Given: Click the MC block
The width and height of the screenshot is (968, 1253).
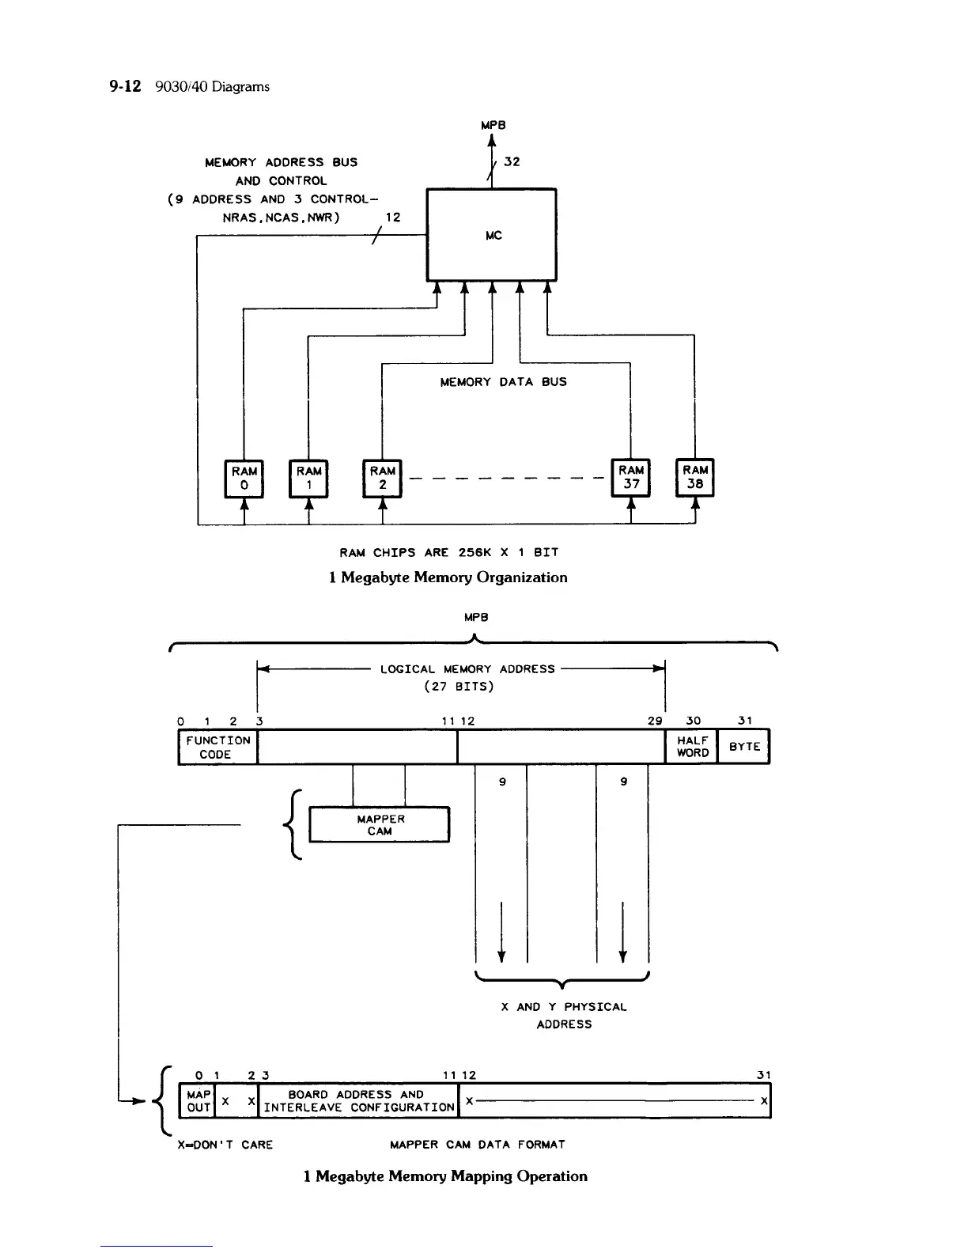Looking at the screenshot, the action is [491, 235].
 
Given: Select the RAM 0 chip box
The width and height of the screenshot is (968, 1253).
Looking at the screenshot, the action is [244, 479].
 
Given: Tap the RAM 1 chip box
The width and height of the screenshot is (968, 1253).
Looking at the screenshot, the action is [308, 479].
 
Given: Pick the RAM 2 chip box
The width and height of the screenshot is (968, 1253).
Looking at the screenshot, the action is [382, 479].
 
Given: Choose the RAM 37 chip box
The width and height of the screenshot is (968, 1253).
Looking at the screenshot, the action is [631, 478].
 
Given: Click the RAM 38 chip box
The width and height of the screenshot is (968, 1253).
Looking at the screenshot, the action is [694, 478].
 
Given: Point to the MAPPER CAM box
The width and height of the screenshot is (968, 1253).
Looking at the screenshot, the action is [380, 824].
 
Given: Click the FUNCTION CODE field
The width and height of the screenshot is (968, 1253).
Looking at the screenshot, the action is [218, 747].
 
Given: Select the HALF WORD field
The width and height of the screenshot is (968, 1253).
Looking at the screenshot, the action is [691, 747].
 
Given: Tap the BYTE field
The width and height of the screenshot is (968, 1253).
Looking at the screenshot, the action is [743, 747].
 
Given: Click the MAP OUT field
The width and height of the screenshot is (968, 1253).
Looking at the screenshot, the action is [197, 1101].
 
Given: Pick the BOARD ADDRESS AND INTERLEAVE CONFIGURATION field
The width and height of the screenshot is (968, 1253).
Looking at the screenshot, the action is [358, 1101].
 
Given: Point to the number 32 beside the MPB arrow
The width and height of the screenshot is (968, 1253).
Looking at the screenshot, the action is [512, 161].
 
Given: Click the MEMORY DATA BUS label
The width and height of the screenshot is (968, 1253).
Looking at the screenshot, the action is [503, 382].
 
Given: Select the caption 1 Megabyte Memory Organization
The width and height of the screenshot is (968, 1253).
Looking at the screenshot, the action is [448, 577].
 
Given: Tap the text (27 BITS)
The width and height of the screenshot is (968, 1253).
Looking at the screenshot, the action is [459, 686].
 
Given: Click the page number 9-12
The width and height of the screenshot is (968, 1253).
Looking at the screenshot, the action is [125, 86].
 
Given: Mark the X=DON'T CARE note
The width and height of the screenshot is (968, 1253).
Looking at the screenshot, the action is [225, 1145].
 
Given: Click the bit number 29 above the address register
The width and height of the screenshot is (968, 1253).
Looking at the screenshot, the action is [655, 721].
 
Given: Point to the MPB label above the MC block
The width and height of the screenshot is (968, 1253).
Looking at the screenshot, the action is [493, 125].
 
